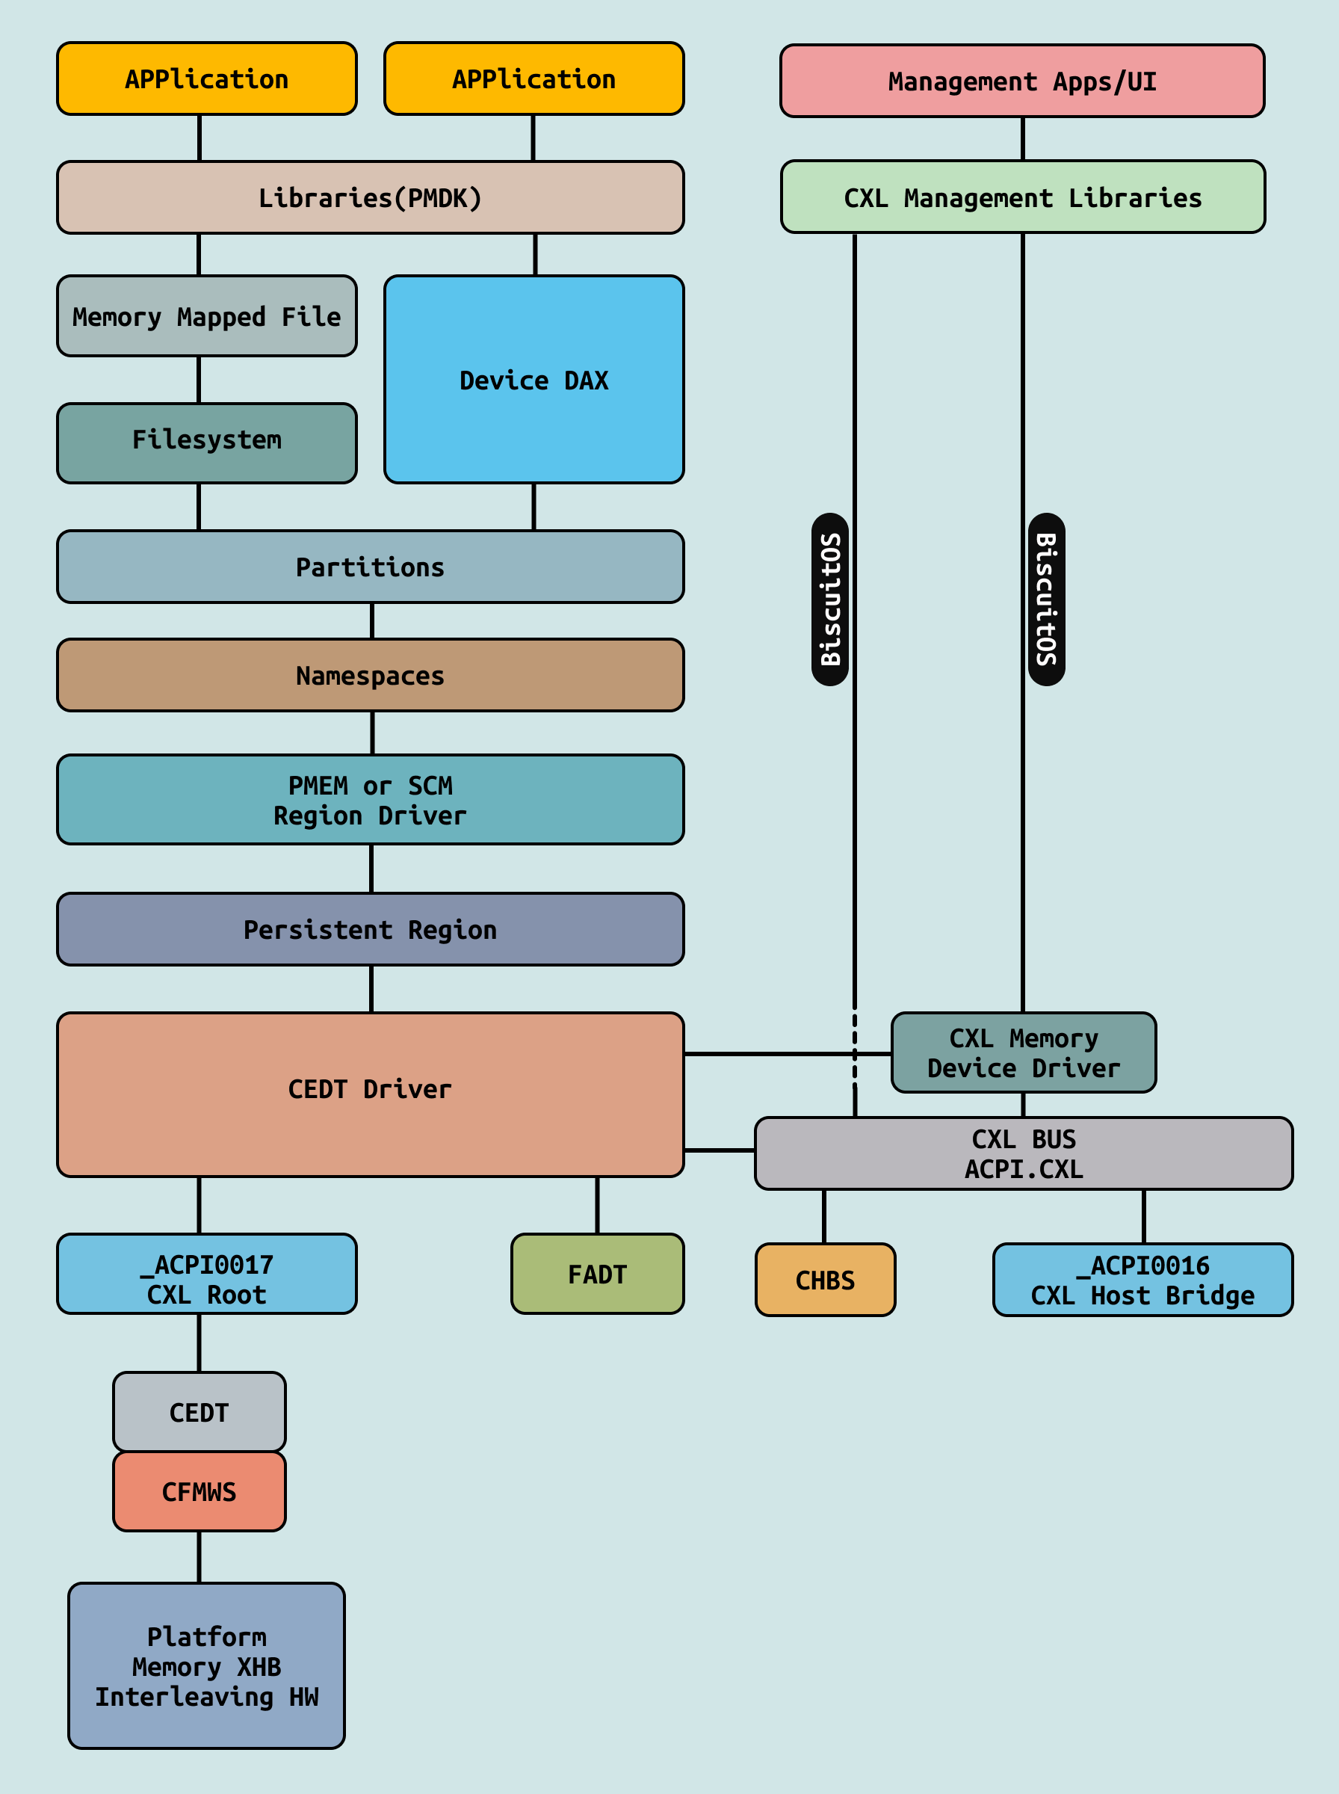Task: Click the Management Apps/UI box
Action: [x=1021, y=81]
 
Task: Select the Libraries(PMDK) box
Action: [x=370, y=198]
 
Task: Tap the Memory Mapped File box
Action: [x=207, y=316]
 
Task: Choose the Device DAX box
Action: [x=534, y=380]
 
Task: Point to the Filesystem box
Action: [x=207, y=443]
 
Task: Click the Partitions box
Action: [x=370, y=567]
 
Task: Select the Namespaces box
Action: [x=370, y=675]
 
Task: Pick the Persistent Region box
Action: [x=370, y=929]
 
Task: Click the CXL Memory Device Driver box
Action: [x=1023, y=1052]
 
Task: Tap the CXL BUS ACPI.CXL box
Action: [x=1023, y=1153]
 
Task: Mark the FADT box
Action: [x=597, y=1274]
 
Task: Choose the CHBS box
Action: [x=825, y=1279]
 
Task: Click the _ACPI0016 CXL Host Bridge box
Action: [x=1142, y=1279]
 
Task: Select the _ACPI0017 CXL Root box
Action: [x=207, y=1274]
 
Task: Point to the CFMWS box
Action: [x=200, y=1491]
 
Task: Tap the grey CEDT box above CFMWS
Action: [x=200, y=1411]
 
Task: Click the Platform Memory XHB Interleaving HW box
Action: [x=207, y=1665]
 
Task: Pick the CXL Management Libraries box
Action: [x=1022, y=197]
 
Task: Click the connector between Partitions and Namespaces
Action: [x=372, y=621]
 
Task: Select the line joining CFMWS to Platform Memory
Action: [x=200, y=1556]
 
